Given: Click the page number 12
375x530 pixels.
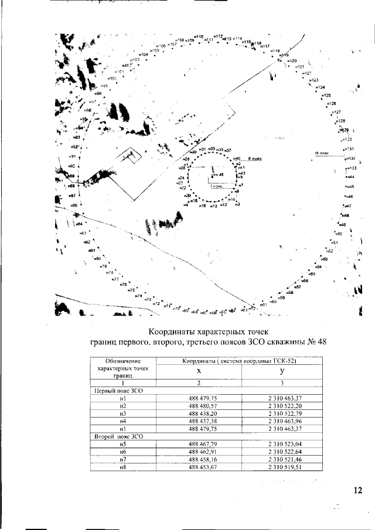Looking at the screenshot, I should coord(358,491).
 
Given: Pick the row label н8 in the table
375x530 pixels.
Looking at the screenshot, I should coord(122,467).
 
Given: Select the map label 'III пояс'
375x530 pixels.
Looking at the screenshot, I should coord(323,153).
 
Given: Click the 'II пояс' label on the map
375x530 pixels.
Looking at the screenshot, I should coord(254,159).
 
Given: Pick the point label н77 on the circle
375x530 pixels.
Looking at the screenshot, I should coord(115,279).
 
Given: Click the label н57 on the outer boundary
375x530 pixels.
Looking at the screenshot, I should coord(297,287).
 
